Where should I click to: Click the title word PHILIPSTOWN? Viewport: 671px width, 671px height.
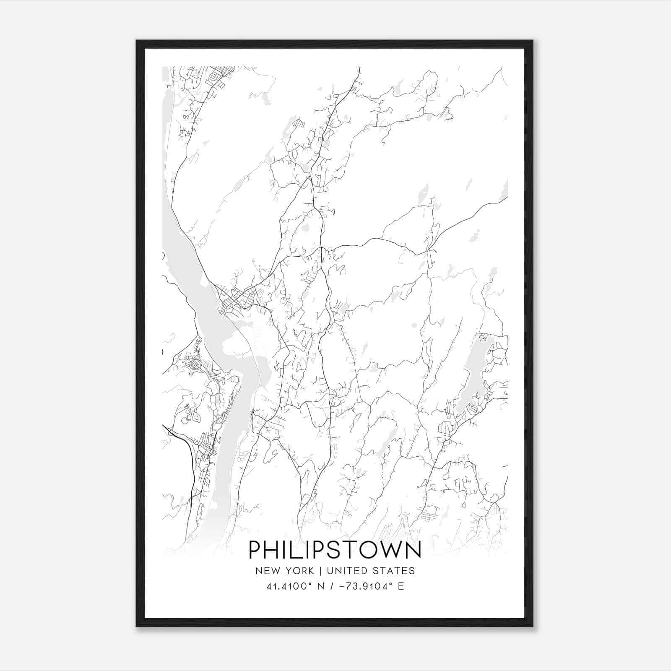(335, 550)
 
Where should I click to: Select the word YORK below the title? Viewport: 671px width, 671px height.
(299, 571)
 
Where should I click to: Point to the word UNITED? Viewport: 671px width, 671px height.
(346, 571)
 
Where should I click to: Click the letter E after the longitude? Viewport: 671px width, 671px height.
(401, 586)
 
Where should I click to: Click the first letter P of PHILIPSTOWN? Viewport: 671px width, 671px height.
(255, 550)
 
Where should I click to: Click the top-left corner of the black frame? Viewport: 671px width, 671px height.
(137, 41)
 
